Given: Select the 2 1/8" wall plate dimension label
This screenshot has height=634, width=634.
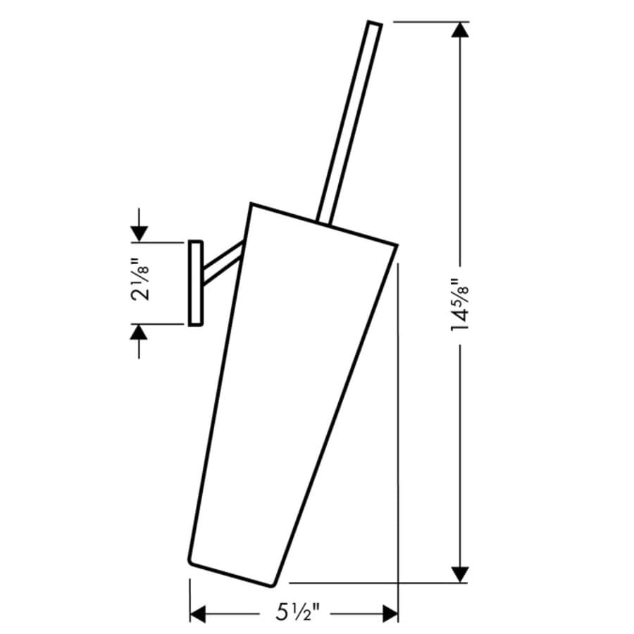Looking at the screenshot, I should click(x=140, y=282).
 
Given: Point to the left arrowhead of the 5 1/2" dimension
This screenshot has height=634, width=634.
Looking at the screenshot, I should click(x=199, y=614).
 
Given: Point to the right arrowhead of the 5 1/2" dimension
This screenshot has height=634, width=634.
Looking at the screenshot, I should click(x=390, y=614).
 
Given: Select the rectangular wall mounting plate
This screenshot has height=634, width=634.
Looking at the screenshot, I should click(x=196, y=283).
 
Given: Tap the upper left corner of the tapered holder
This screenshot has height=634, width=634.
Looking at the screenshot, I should click(x=251, y=204).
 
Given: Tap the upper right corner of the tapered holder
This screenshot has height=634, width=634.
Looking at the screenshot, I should click(x=397, y=245).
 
